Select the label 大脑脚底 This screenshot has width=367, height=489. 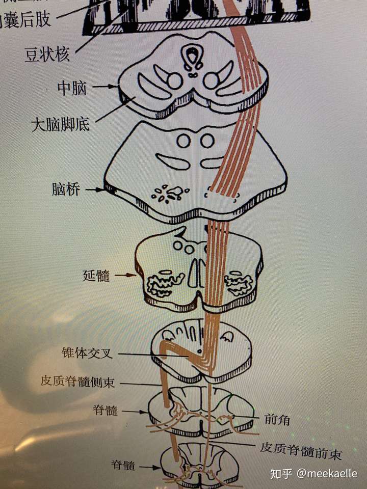60,124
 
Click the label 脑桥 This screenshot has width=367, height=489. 65,190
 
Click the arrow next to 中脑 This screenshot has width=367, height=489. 105,87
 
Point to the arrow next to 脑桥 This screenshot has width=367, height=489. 95,190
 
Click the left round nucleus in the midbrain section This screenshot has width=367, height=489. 175,80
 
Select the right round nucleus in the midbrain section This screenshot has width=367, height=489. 211,80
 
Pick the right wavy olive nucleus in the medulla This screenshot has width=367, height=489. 238,284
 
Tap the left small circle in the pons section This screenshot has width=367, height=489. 183,141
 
